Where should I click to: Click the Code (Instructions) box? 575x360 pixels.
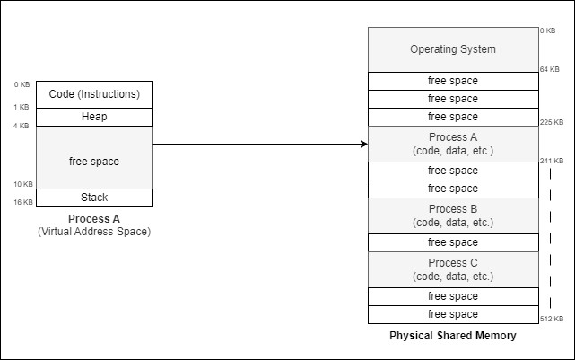click(x=94, y=94)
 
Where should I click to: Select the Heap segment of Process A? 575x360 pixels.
click(x=94, y=117)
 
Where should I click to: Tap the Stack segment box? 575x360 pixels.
click(x=94, y=198)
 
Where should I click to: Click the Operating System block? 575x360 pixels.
click(x=453, y=49)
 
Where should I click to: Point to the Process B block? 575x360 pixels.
click(x=453, y=215)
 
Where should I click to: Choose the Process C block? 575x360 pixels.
click(x=453, y=269)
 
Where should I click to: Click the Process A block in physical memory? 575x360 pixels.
click(x=453, y=144)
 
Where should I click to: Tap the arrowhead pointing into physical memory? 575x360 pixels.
click(x=363, y=144)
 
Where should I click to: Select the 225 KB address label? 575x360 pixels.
click(x=552, y=122)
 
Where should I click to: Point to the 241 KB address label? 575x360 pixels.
click(x=552, y=162)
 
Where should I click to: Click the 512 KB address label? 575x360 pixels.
click(x=552, y=319)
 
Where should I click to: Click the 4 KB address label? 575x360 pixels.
click(x=22, y=126)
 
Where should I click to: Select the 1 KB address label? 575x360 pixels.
click(x=22, y=108)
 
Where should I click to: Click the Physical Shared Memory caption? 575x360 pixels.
click(x=453, y=336)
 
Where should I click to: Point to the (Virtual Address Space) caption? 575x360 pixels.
click(x=94, y=232)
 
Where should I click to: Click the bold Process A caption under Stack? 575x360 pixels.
click(x=94, y=219)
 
